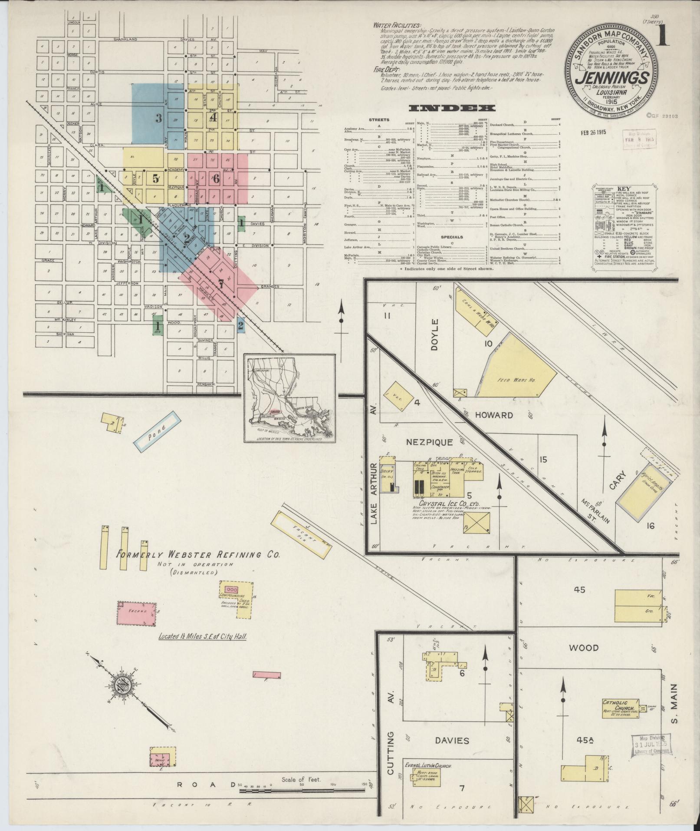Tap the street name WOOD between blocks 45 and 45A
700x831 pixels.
584,648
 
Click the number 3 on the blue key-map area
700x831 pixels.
159,118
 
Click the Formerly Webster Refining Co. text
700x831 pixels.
199,554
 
